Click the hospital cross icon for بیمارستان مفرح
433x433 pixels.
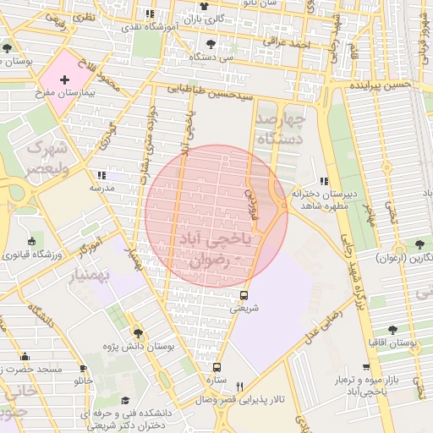coord(65,79)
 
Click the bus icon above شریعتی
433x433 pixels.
coord(244,295)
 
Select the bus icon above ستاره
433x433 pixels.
coord(217,367)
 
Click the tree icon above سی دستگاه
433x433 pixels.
coord(210,44)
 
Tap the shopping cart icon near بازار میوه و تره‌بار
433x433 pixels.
coord(365,368)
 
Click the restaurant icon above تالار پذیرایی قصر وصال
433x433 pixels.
coord(239,386)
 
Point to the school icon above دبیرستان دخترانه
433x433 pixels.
coord(324,181)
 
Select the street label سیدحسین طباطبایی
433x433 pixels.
coord(210,94)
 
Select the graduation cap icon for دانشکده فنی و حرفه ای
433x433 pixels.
coord(125,401)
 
